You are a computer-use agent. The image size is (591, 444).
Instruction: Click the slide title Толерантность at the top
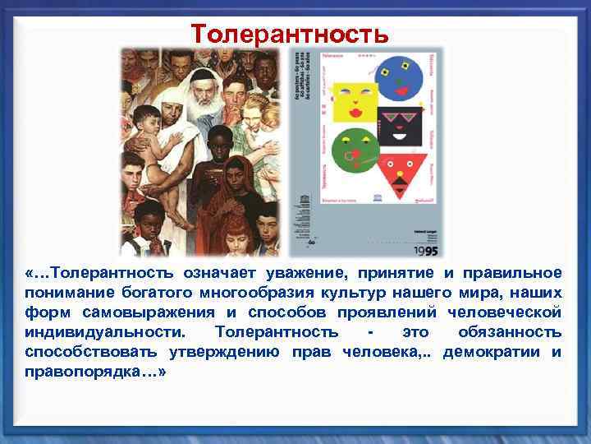[289, 35]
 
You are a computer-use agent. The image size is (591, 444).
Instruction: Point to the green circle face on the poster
[355, 151]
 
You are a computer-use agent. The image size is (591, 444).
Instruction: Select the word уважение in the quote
[342, 273]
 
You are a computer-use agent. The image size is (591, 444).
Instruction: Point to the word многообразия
[246, 293]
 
